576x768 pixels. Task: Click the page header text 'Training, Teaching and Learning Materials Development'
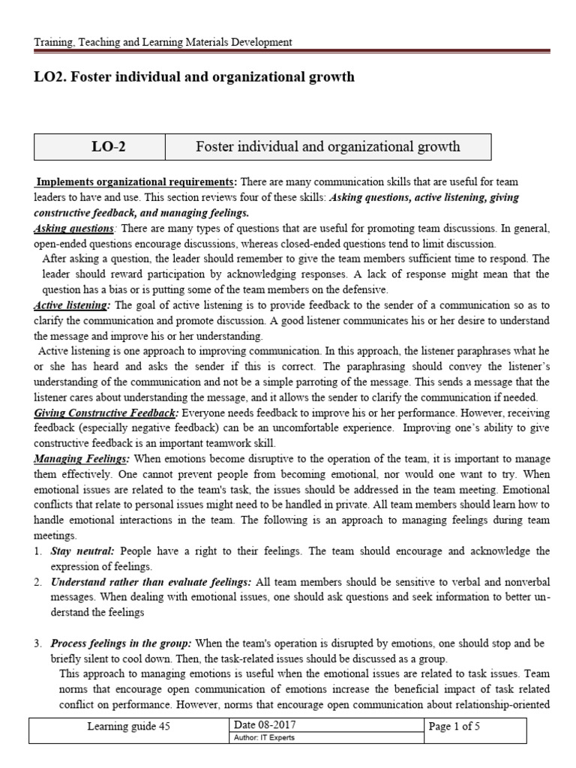coord(163,43)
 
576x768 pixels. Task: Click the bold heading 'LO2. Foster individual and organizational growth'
coord(194,77)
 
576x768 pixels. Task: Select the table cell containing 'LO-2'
coord(99,147)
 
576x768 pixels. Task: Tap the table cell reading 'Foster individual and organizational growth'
coord(327,147)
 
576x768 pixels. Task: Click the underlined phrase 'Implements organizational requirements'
coord(136,182)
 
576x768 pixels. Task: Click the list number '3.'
coord(37,644)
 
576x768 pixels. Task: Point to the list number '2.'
coord(37,582)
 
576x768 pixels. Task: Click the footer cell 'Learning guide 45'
coord(130,727)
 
